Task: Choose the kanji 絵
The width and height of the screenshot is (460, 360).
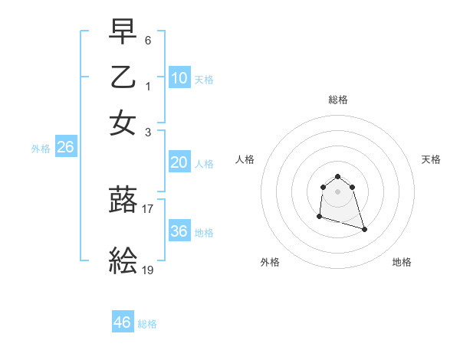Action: [x=123, y=263]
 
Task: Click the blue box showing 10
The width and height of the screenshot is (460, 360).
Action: [x=179, y=78]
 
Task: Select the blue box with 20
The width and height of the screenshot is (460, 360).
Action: [x=179, y=162]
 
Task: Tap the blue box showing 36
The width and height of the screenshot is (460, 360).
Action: [x=179, y=231]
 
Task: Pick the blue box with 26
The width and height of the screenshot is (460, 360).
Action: [x=65, y=148]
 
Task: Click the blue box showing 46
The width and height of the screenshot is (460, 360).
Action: [x=123, y=322]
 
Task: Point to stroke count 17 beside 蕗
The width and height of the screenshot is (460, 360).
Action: [x=148, y=208]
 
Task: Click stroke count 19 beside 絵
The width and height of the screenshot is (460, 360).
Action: [x=148, y=270]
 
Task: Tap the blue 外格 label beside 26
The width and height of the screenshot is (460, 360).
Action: [x=41, y=149]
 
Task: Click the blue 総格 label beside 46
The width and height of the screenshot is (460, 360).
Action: [x=147, y=324]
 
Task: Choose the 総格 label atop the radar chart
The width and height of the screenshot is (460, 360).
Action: [x=338, y=100]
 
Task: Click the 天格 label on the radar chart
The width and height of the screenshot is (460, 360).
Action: [x=432, y=159]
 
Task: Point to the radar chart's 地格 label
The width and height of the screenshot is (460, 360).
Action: [x=402, y=262]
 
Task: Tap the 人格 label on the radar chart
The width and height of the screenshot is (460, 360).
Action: [x=245, y=159]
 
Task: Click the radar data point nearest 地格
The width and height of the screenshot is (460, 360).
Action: [x=364, y=229]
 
